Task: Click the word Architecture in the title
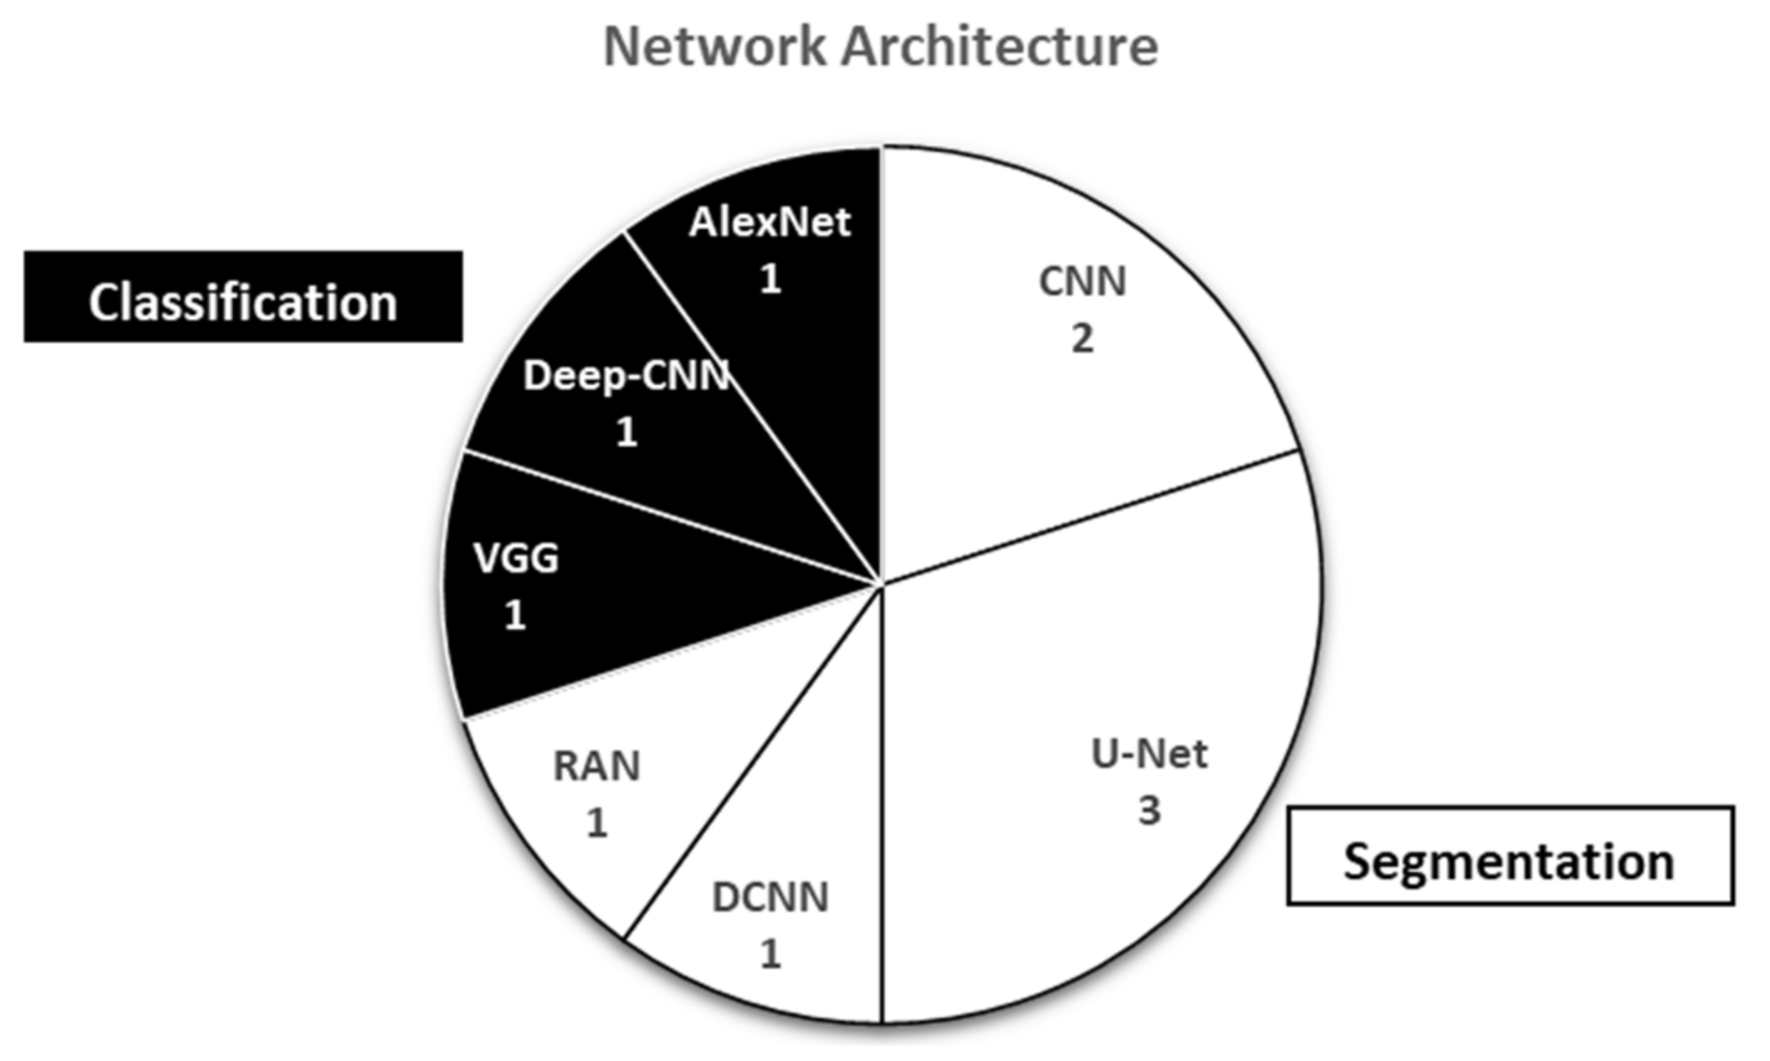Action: (x=1000, y=47)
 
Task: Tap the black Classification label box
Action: (x=243, y=297)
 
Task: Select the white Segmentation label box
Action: (x=1510, y=855)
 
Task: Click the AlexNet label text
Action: (x=770, y=223)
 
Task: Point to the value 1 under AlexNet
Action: (x=770, y=279)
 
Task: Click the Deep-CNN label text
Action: (x=626, y=376)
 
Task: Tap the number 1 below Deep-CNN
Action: (x=627, y=433)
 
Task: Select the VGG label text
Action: (x=516, y=558)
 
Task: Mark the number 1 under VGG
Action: (x=515, y=617)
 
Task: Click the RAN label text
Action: (x=596, y=766)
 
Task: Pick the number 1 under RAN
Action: (x=596, y=824)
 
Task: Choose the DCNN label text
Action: (x=770, y=898)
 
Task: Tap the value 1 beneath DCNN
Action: (x=770, y=955)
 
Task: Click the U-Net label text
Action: (x=1149, y=755)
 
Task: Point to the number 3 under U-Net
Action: (x=1149, y=811)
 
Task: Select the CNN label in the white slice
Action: (x=1082, y=282)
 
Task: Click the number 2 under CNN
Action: (x=1082, y=339)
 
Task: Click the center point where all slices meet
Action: (x=882, y=583)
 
